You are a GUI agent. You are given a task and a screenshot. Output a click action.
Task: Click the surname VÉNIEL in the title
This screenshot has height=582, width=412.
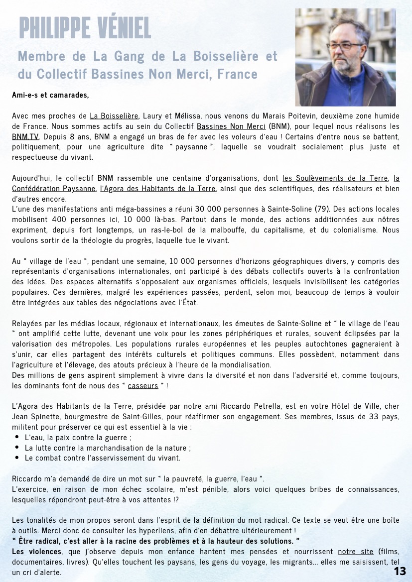click(x=118, y=28)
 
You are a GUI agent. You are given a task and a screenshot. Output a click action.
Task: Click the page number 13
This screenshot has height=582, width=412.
click(x=400, y=571)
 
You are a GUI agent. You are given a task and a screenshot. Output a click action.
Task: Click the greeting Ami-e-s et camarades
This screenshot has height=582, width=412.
click(x=50, y=94)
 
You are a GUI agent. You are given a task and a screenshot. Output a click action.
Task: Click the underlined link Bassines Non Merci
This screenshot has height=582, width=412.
click(x=231, y=126)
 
